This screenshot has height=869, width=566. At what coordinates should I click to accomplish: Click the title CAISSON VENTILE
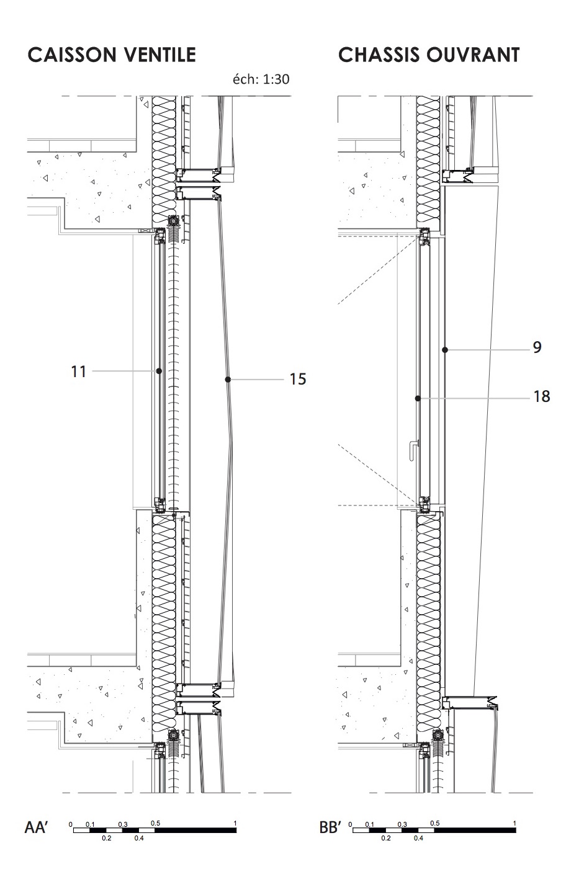click(x=112, y=55)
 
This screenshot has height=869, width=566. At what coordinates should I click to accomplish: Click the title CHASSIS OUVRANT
click(x=429, y=55)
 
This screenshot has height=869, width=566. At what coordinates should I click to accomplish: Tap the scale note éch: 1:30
click(x=261, y=79)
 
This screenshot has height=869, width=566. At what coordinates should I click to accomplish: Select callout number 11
click(x=78, y=372)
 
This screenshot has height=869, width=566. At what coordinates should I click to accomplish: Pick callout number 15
click(x=298, y=379)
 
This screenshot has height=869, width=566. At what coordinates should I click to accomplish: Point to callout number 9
click(x=537, y=347)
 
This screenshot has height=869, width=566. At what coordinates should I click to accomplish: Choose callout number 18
click(x=542, y=396)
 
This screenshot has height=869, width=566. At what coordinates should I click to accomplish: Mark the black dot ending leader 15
click(x=228, y=380)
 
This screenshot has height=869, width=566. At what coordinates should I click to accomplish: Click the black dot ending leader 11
click(x=159, y=372)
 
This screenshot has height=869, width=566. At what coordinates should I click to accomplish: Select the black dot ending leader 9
click(x=445, y=350)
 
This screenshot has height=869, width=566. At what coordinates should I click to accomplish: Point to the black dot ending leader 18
click(x=418, y=398)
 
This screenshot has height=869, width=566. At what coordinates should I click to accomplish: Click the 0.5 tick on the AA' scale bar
click(x=155, y=823)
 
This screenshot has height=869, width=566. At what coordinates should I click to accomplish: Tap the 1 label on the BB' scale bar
click(x=514, y=823)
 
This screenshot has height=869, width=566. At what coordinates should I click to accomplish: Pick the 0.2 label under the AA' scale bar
click(x=106, y=839)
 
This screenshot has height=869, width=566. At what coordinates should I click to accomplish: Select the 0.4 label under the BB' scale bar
click(x=418, y=839)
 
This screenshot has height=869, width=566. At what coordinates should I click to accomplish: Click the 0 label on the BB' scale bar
click(x=350, y=824)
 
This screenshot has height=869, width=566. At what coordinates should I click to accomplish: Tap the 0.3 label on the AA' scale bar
click(x=123, y=824)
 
